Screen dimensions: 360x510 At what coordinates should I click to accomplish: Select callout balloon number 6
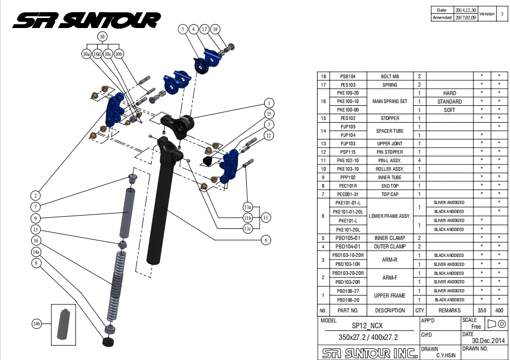click(x=266, y=240)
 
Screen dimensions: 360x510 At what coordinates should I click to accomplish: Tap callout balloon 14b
click(x=36, y=324)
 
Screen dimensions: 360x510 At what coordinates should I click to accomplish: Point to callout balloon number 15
click(x=269, y=114)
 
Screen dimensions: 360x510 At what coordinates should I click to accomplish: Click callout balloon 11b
click(x=247, y=218)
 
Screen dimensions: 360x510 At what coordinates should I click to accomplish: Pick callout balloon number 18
click(x=215, y=30)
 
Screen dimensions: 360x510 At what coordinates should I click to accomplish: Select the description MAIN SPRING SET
click(x=390, y=101)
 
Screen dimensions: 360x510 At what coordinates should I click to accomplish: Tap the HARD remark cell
click(x=449, y=93)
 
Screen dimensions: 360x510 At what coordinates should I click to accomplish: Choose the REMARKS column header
click(x=449, y=310)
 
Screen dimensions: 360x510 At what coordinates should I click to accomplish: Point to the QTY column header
click(x=420, y=310)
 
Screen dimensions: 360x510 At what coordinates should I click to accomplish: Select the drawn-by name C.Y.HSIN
click(x=446, y=355)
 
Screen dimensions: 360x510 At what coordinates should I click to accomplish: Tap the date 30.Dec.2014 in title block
click(x=489, y=340)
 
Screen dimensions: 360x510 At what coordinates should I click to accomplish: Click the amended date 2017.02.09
click(x=465, y=17)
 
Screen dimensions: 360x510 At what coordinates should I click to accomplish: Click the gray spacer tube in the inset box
click(x=62, y=322)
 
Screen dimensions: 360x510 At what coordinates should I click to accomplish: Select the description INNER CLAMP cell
click(x=390, y=238)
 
